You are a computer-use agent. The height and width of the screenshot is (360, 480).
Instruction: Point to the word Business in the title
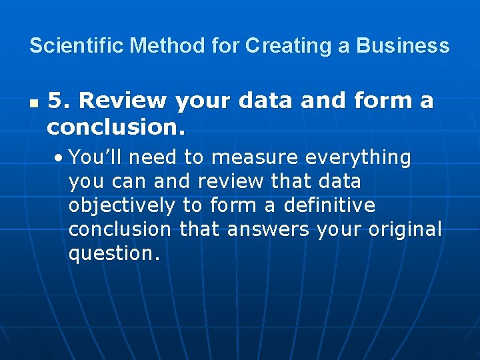[403, 46]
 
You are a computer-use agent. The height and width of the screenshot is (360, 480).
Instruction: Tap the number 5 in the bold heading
[58, 101]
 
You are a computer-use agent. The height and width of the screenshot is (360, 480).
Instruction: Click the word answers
[268, 230]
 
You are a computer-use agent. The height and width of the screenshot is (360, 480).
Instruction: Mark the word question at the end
[114, 254]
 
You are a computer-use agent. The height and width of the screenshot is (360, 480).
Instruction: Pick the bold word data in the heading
[265, 101]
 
